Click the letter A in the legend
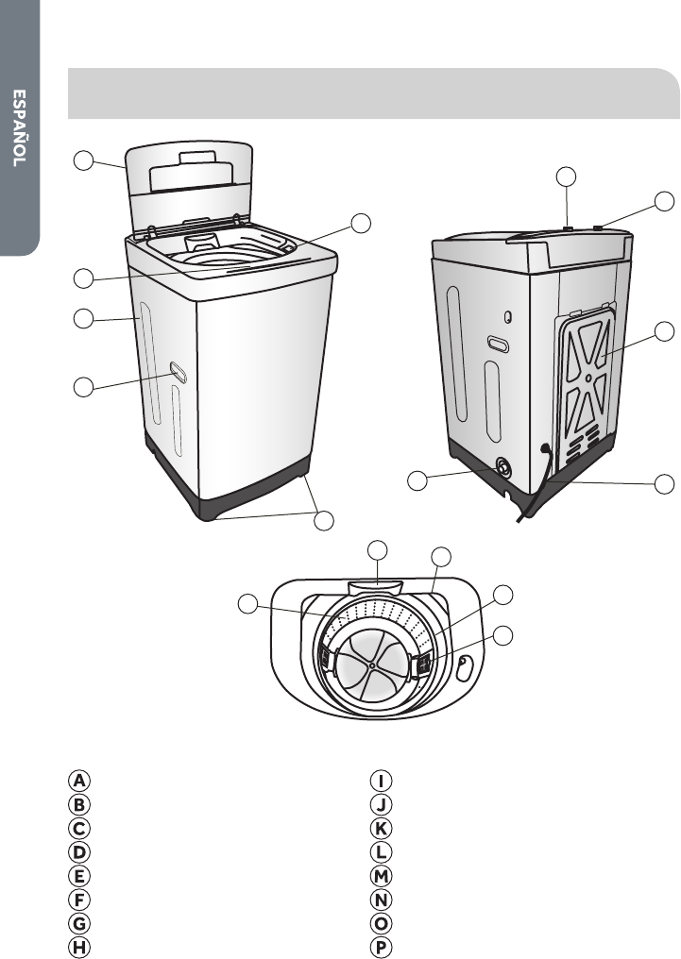[80, 781]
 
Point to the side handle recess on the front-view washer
[175, 370]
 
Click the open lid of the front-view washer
[189, 170]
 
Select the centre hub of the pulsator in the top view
[372, 665]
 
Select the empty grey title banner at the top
[374, 93]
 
